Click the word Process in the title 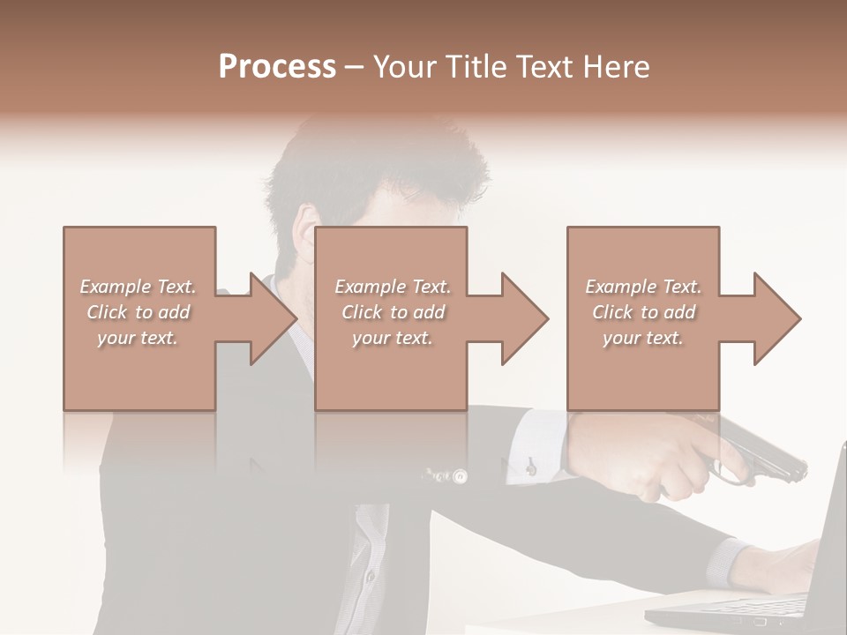pos(277,67)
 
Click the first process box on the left pos(139,370)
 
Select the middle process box pos(391,370)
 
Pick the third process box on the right pos(642,370)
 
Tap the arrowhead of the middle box pos(524,318)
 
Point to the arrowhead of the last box pos(776,318)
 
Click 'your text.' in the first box pos(138,338)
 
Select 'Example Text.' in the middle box pos(393,287)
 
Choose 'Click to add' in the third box pos(644,312)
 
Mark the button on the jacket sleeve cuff pos(459,476)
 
